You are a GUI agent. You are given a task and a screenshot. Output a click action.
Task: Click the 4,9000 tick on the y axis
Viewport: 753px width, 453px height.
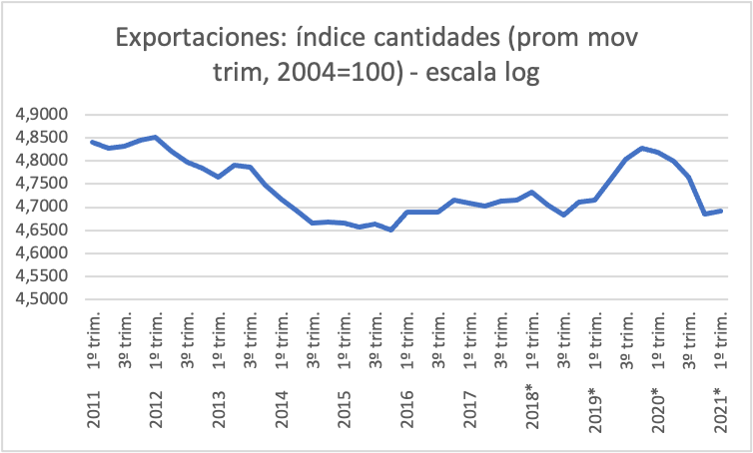coord(42,115)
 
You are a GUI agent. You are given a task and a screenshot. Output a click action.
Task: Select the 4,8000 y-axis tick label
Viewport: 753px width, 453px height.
coord(42,161)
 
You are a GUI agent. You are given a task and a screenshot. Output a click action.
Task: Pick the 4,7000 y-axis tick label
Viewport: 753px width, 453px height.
coord(42,208)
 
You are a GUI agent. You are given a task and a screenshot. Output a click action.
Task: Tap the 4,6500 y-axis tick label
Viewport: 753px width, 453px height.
coord(42,230)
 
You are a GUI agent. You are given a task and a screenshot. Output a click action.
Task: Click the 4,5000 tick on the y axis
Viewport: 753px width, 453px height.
coord(42,299)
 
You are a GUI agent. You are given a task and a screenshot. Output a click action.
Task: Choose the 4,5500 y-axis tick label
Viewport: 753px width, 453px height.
coord(42,276)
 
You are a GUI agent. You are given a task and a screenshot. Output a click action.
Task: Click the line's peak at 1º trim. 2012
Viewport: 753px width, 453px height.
coord(156,137)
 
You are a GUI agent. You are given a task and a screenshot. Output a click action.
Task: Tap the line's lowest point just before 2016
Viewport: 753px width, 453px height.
coord(390,229)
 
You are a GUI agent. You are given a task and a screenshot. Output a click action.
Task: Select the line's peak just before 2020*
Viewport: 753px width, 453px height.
coord(641,148)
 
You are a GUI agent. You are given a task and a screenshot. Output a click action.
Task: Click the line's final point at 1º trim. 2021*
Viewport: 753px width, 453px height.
coord(721,211)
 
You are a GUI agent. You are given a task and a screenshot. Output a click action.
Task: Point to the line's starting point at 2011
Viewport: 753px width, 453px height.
coord(92,142)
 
